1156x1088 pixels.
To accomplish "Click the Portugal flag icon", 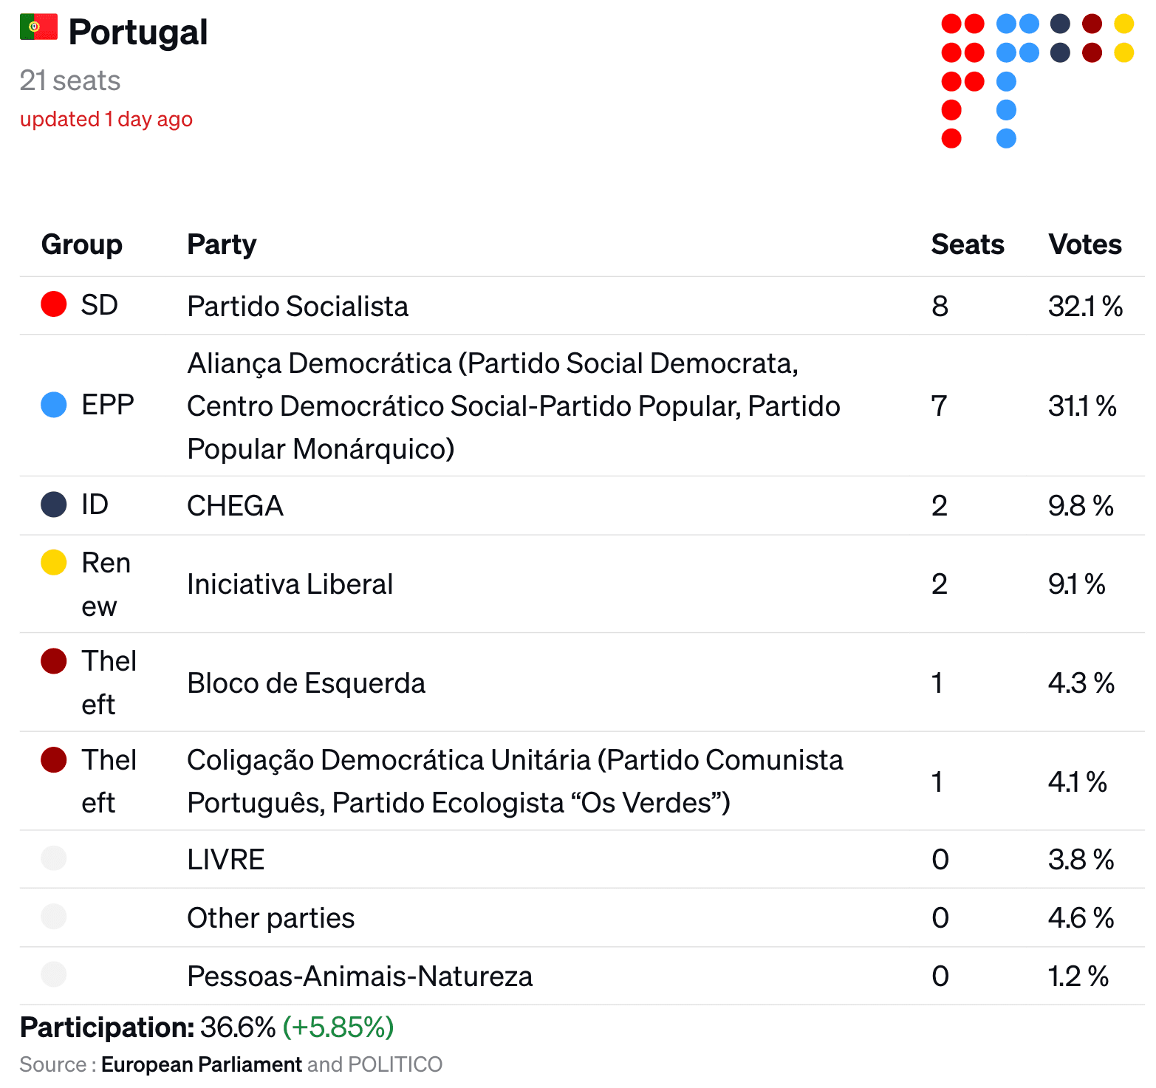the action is [38, 27].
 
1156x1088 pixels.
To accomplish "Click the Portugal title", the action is [138, 32].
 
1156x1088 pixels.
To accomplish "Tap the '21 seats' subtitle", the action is [70, 81].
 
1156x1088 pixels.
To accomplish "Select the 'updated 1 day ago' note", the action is [106, 119].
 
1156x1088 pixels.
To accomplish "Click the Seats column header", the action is [968, 244].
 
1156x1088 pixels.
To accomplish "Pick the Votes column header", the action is [1085, 244].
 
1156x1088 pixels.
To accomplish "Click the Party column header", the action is [222, 244].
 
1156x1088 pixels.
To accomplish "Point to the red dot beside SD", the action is [54, 304].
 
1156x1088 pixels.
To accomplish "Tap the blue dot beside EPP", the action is [54, 405].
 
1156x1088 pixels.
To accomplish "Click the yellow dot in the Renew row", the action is [54, 562].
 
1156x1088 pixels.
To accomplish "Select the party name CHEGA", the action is [235, 506].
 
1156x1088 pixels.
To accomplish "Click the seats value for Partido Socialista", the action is [940, 306].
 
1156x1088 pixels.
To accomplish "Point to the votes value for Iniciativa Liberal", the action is [1077, 584].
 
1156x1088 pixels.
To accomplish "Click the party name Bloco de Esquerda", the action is [307, 683].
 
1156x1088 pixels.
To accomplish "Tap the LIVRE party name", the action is [226, 860].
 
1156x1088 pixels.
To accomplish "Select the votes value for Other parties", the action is [1081, 918].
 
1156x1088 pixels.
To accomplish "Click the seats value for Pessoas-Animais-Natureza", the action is [940, 976].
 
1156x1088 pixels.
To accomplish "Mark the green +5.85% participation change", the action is [338, 1027].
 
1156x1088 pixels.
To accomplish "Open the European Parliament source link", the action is [202, 1064].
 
